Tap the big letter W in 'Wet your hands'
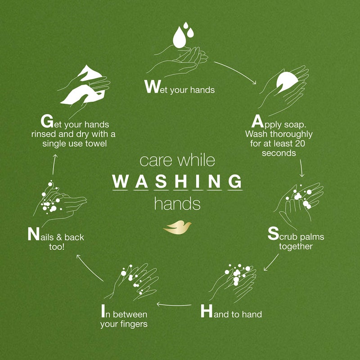(151, 87)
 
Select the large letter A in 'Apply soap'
(257, 121)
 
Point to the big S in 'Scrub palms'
(273, 234)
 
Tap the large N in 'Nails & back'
(33, 234)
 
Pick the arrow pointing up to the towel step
(54, 164)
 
